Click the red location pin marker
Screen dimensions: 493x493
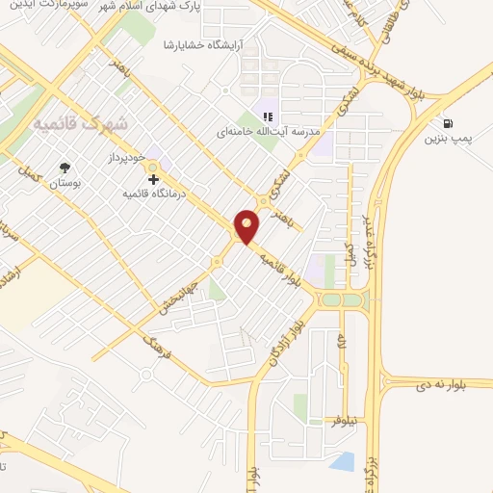point(248,224)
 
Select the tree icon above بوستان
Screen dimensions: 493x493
point(65,168)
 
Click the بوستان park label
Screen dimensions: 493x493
point(65,182)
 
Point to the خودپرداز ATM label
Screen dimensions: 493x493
point(125,156)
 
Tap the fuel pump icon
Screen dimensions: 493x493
point(448,123)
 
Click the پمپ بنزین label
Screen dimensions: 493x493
point(449,139)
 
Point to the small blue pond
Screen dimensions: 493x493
point(344,461)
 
